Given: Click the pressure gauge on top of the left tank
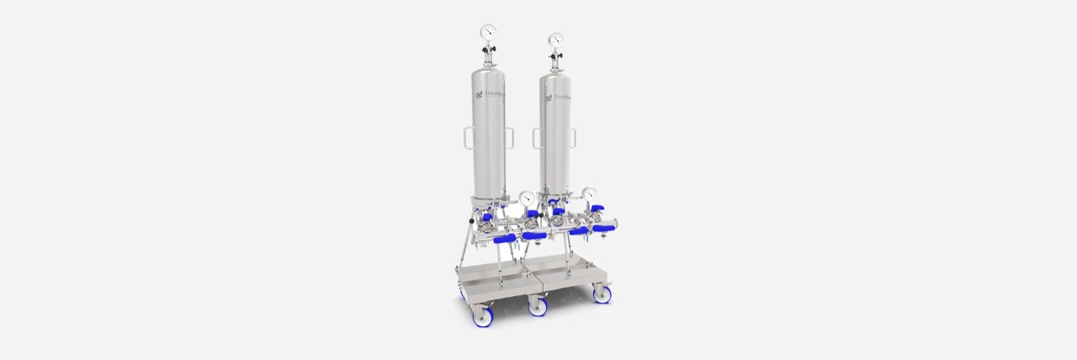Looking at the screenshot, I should (x=489, y=32).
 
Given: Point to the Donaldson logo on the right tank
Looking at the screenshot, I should (x=559, y=98).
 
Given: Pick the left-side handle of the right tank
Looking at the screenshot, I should (x=537, y=139).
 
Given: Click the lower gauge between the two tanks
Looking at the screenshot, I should (x=527, y=198).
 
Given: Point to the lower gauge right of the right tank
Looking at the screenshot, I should (x=589, y=193).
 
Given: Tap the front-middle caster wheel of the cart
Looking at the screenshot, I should (x=538, y=306).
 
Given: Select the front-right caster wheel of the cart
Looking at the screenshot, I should (x=602, y=294).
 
